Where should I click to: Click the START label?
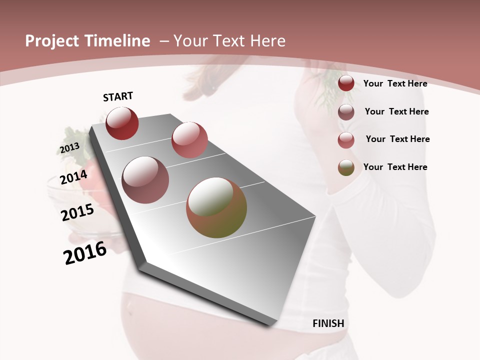(x=118, y=96)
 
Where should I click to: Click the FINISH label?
(x=328, y=323)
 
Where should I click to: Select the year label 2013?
(x=69, y=148)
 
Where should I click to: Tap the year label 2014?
(x=73, y=177)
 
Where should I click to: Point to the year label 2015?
(x=77, y=212)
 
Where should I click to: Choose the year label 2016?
(x=85, y=253)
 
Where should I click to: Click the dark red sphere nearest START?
(x=122, y=123)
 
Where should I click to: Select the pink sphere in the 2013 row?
(x=189, y=140)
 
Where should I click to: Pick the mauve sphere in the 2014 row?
(x=145, y=179)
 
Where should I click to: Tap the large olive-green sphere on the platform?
(x=216, y=207)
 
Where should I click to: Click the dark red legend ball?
(x=346, y=83)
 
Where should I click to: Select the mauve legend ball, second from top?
(x=346, y=112)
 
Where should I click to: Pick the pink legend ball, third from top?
(x=346, y=140)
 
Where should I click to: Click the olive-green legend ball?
(x=346, y=168)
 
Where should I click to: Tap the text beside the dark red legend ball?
(x=395, y=83)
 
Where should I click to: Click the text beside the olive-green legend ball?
(x=395, y=167)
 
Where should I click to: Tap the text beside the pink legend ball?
(x=397, y=139)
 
